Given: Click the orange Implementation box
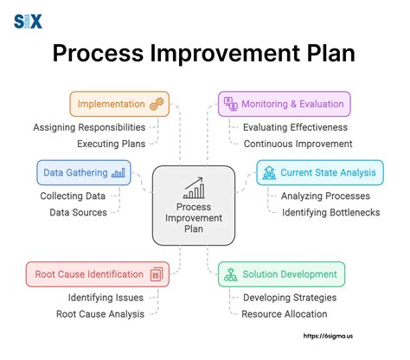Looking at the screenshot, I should point(119,104).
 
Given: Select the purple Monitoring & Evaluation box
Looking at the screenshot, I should point(284,104).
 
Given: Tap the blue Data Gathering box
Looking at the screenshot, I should point(84,172).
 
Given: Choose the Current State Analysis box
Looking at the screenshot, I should point(317,172).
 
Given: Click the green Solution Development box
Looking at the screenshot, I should point(281,274).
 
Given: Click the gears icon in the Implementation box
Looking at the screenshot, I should point(157,104).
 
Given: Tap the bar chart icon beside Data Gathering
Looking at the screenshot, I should point(119,172).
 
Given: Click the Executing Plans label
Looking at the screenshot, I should point(111,143).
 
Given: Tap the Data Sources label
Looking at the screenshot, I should point(79,211).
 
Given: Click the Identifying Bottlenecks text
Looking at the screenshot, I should point(330,212).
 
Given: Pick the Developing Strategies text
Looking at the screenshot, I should point(290,297).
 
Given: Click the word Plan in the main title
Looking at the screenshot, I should point(330,53).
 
